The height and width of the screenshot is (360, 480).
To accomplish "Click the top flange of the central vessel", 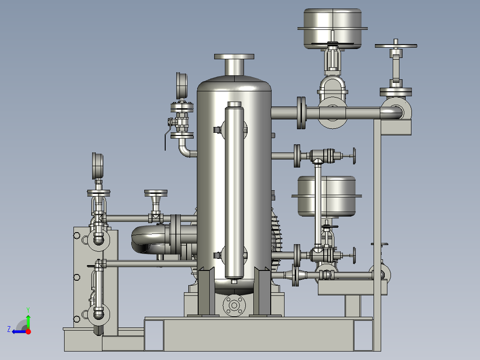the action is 234,57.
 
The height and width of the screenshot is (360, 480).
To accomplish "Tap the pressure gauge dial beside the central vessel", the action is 182,85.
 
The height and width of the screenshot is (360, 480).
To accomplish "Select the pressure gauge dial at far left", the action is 98,165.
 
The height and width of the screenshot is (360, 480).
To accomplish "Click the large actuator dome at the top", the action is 333,28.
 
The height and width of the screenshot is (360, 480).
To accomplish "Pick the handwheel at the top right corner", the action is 396,46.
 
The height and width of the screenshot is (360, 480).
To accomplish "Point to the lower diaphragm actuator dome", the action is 327,196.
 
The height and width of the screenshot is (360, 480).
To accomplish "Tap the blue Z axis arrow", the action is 19,331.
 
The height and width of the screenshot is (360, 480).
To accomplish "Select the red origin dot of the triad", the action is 28,331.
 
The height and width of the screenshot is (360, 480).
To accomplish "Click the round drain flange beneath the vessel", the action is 234,305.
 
